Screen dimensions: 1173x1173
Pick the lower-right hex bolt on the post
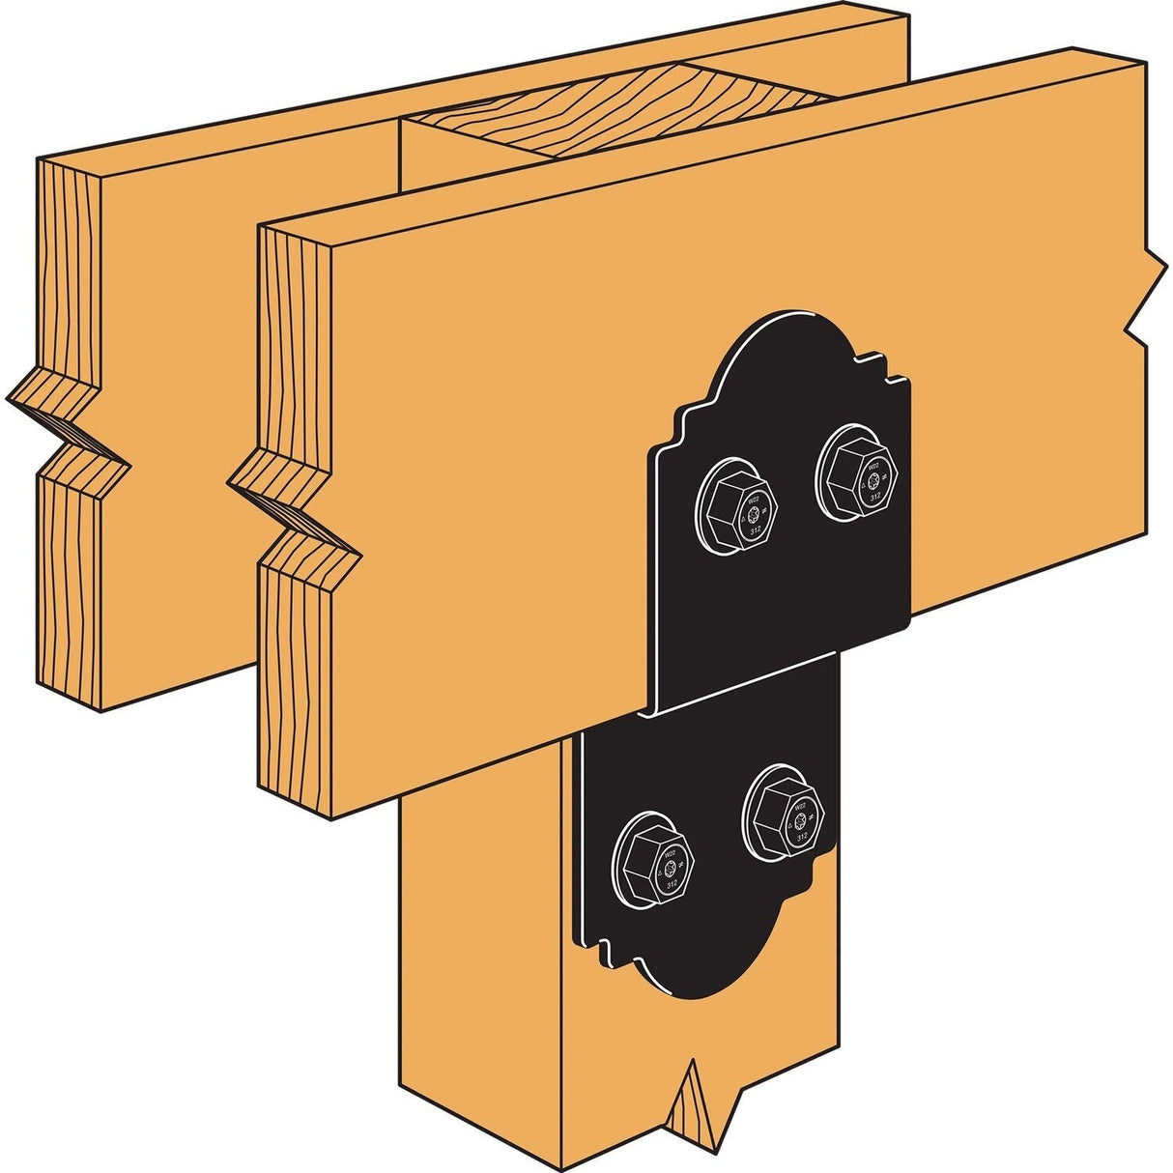coord(786,811)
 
